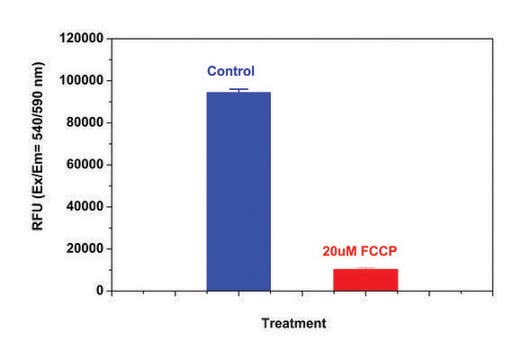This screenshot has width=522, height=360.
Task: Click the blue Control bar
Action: (x=238, y=191)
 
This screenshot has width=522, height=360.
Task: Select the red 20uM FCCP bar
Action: (x=365, y=279)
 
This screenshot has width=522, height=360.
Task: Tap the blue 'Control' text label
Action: (x=231, y=71)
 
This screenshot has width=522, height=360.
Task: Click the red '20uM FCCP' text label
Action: (x=366, y=250)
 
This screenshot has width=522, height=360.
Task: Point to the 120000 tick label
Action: (x=80, y=38)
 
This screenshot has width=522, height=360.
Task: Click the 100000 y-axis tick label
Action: (x=80, y=80)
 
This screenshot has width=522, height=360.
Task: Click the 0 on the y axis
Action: (x=100, y=291)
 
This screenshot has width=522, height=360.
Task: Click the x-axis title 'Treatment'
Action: (x=293, y=323)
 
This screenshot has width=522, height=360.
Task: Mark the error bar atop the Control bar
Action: (x=238, y=90)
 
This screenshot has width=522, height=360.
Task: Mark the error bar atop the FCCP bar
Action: (x=365, y=268)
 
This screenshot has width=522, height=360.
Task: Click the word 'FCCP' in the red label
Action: (x=387, y=250)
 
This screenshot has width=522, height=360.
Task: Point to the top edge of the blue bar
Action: (x=238, y=93)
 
